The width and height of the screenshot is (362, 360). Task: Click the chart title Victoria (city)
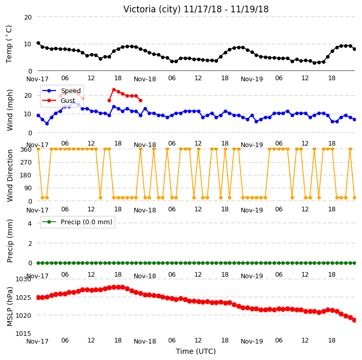pos(152,9)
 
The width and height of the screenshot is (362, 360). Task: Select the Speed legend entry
pos(62,91)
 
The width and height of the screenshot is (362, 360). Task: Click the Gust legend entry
pos(59,101)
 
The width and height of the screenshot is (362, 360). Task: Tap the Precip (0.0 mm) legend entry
pos(77,222)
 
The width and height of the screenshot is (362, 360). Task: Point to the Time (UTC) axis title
pos(196,351)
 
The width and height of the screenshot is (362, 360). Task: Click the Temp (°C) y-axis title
pos(9,44)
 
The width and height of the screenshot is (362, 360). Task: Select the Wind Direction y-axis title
pos(9,175)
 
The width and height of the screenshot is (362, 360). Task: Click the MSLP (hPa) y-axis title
pos(9,307)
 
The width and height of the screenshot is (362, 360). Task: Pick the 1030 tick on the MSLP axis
pos(23,279)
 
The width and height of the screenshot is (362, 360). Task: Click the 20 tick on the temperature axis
pos(28,17)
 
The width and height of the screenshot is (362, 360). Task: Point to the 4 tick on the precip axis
pos(30,223)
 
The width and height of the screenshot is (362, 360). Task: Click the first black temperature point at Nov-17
pos(39,43)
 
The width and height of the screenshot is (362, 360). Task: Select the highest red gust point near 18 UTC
pos(114,89)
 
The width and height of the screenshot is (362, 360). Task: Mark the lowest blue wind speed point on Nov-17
pos(47,123)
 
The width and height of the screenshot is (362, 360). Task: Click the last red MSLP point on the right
pos(355,320)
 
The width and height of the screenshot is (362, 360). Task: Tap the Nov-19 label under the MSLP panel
pos(251,341)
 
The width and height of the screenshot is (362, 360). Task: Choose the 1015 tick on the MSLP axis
pos(23,333)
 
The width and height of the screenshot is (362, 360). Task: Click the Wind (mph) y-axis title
pos(9,111)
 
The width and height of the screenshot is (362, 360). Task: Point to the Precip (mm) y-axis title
pos(9,241)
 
